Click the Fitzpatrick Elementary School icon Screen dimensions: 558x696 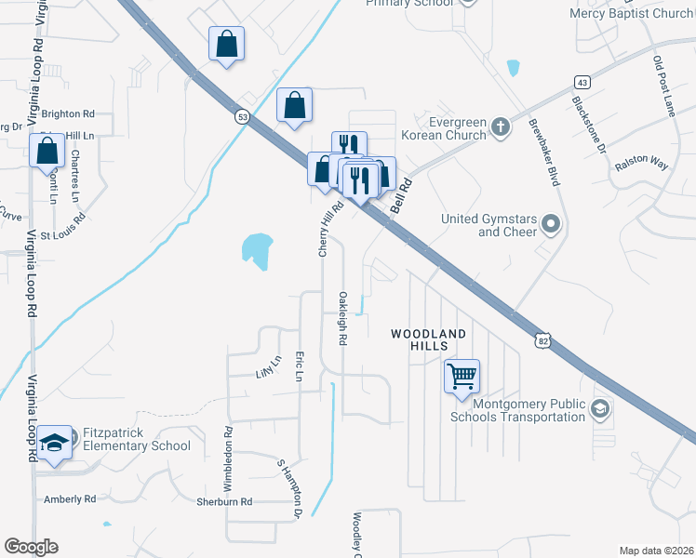(56, 443)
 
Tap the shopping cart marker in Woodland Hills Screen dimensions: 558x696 (462, 377)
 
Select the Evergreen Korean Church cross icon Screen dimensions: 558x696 (500, 126)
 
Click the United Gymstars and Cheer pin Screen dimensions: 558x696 (551, 223)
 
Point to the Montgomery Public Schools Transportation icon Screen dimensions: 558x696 (600, 409)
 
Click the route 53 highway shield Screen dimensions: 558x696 (242, 116)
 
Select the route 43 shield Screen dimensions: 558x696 (581, 81)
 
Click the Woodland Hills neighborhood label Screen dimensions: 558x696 (427, 339)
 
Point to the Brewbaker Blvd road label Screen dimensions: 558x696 (544, 153)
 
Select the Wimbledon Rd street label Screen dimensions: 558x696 (228, 458)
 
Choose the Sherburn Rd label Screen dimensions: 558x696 (224, 501)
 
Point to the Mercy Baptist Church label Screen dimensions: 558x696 (634, 14)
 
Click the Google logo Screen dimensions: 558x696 (31, 547)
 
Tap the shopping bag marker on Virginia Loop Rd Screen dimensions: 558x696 (47, 150)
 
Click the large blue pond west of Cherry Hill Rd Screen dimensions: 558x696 (257, 249)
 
